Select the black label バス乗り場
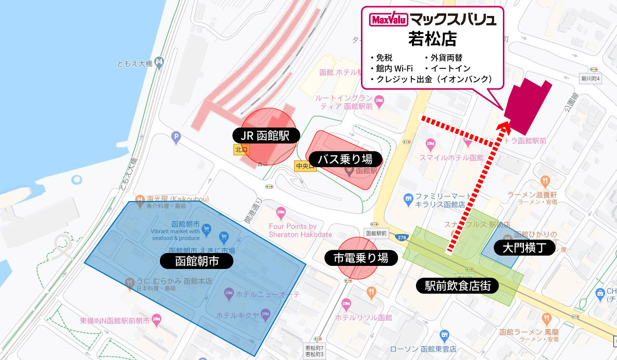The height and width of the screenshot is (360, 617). [344, 158]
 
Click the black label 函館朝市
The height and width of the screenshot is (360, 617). [197, 261]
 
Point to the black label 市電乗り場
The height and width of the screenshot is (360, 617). [361, 258]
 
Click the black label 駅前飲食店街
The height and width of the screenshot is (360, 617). [457, 286]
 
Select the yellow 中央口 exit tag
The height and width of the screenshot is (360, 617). [302, 166]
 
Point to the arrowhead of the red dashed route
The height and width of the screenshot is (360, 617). [504, 124]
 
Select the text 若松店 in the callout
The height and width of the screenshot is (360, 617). [432, 39]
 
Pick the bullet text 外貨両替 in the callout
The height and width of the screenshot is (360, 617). [443, 58]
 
